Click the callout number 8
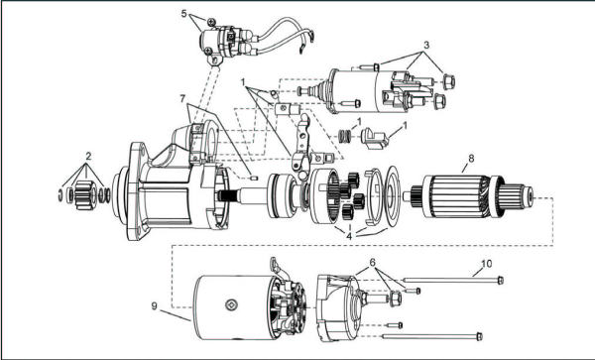(x=471, y=159)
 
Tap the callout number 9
(x=154, y=305)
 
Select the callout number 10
(x=487, y=263)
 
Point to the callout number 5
(x=184, y=14)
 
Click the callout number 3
(x=426, y=45)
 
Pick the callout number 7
(x=182, y=98)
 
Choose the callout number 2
(x=88, y=156)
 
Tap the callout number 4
(x=349, y=236)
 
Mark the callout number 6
(x=372, y=262)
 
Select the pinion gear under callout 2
(x=86, y=195)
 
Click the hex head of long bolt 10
(x=501, y=280)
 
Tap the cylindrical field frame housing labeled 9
(x=233, y=307)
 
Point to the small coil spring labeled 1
(x=344, y=136)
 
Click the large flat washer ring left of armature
(x=392, y=198)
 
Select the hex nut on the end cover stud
(x=395, y=299)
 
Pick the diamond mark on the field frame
(x=231, y=304)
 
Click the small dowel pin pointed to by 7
(x=255, y=178)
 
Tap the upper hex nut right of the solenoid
(x=449, y=81)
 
